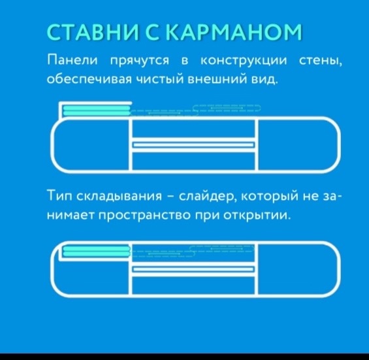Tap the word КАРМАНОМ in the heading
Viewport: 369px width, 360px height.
(233, 32)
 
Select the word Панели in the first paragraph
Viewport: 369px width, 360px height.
(72, 60)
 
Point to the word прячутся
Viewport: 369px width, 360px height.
(140, 61)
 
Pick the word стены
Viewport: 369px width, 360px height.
(321, 61)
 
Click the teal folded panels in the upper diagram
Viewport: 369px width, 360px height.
(97, 110)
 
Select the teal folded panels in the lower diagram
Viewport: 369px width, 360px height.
(97, 252)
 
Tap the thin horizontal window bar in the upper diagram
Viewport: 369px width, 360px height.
(194, 144)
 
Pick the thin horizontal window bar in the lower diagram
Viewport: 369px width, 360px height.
(193, 269)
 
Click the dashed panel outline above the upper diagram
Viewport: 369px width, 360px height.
(196, 110)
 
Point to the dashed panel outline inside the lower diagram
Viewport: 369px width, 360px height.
(193, 252)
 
